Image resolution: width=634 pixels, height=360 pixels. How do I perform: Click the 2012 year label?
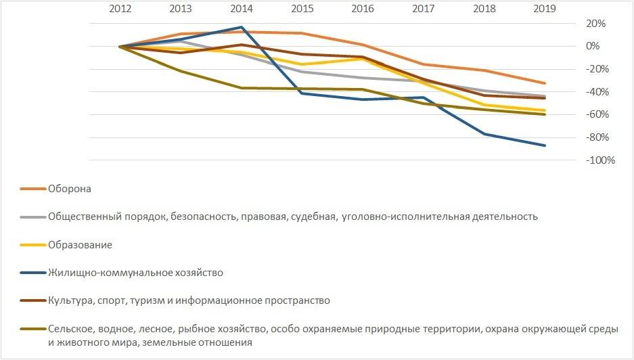(119, 9)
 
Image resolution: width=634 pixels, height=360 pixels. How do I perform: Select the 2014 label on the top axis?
(241, 9)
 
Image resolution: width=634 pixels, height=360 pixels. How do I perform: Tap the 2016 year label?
(362, 9)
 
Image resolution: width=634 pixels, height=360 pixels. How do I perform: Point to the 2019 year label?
(544, 9)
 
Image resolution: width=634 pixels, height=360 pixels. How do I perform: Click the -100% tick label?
(583, 160)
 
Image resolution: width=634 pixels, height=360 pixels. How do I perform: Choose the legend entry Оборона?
(70, 189)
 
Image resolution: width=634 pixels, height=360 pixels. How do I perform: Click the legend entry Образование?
(80, 245)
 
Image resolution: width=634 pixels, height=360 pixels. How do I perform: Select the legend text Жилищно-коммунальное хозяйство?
(135, 273)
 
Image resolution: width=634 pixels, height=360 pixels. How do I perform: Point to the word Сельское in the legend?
(69, 329)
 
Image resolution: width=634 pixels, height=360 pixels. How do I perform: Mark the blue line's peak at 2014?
(242, 27)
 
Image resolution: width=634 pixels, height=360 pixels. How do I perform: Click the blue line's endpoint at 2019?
(545, 145)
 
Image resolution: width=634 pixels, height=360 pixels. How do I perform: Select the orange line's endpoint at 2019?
(545, 83)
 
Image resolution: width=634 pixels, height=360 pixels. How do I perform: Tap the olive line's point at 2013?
(181, 71)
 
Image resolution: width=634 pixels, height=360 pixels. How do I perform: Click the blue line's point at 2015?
(302, 93)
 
